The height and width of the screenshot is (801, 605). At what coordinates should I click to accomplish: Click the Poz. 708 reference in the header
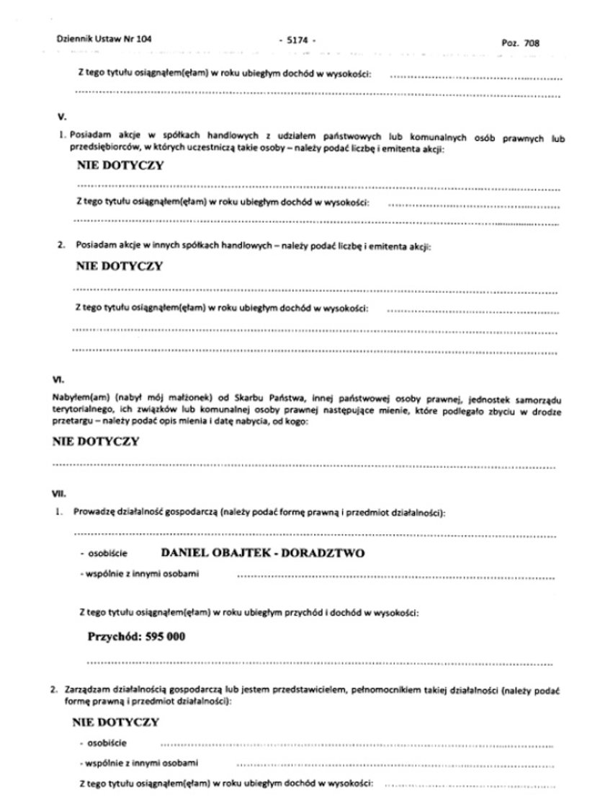(519, 43)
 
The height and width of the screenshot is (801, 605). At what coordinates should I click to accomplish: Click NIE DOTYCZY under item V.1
(120, 164)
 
